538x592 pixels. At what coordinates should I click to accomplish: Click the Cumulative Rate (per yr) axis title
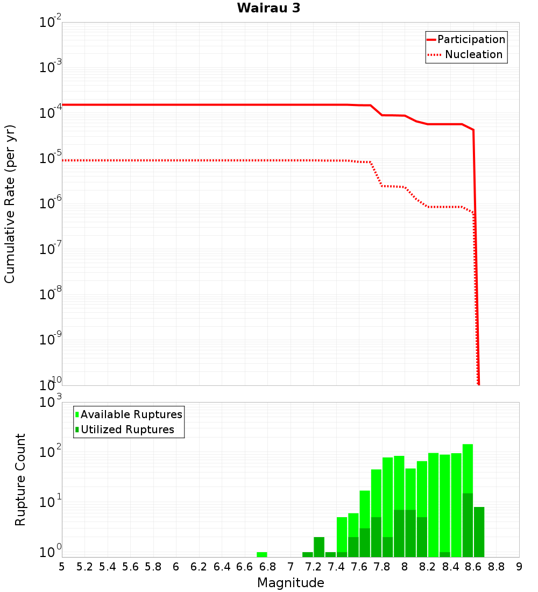(x=10, y=203)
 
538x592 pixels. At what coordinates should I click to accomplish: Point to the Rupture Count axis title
(x=20, y=480)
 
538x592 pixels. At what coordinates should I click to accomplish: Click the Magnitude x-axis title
(x=291, y=583)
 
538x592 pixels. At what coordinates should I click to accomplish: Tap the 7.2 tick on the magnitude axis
(x=313, y=567)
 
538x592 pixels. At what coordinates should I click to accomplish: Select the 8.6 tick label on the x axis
(x=473, y=567)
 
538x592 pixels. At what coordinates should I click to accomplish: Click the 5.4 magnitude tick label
(x=108, y=567)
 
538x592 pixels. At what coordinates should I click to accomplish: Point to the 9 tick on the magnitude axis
(x=519, y=567)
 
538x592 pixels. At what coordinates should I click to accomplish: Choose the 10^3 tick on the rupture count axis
(x=51, y=403)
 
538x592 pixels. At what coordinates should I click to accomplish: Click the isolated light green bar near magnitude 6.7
(x=262, y=554)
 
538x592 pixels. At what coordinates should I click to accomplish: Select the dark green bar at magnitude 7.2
(x=319, y=547)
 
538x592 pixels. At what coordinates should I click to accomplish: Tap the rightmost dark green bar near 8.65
(x=479, y=532)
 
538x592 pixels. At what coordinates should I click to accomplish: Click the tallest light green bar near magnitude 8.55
(x=468, y=468)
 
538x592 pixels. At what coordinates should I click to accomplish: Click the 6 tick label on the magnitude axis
(x=176, y=567)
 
